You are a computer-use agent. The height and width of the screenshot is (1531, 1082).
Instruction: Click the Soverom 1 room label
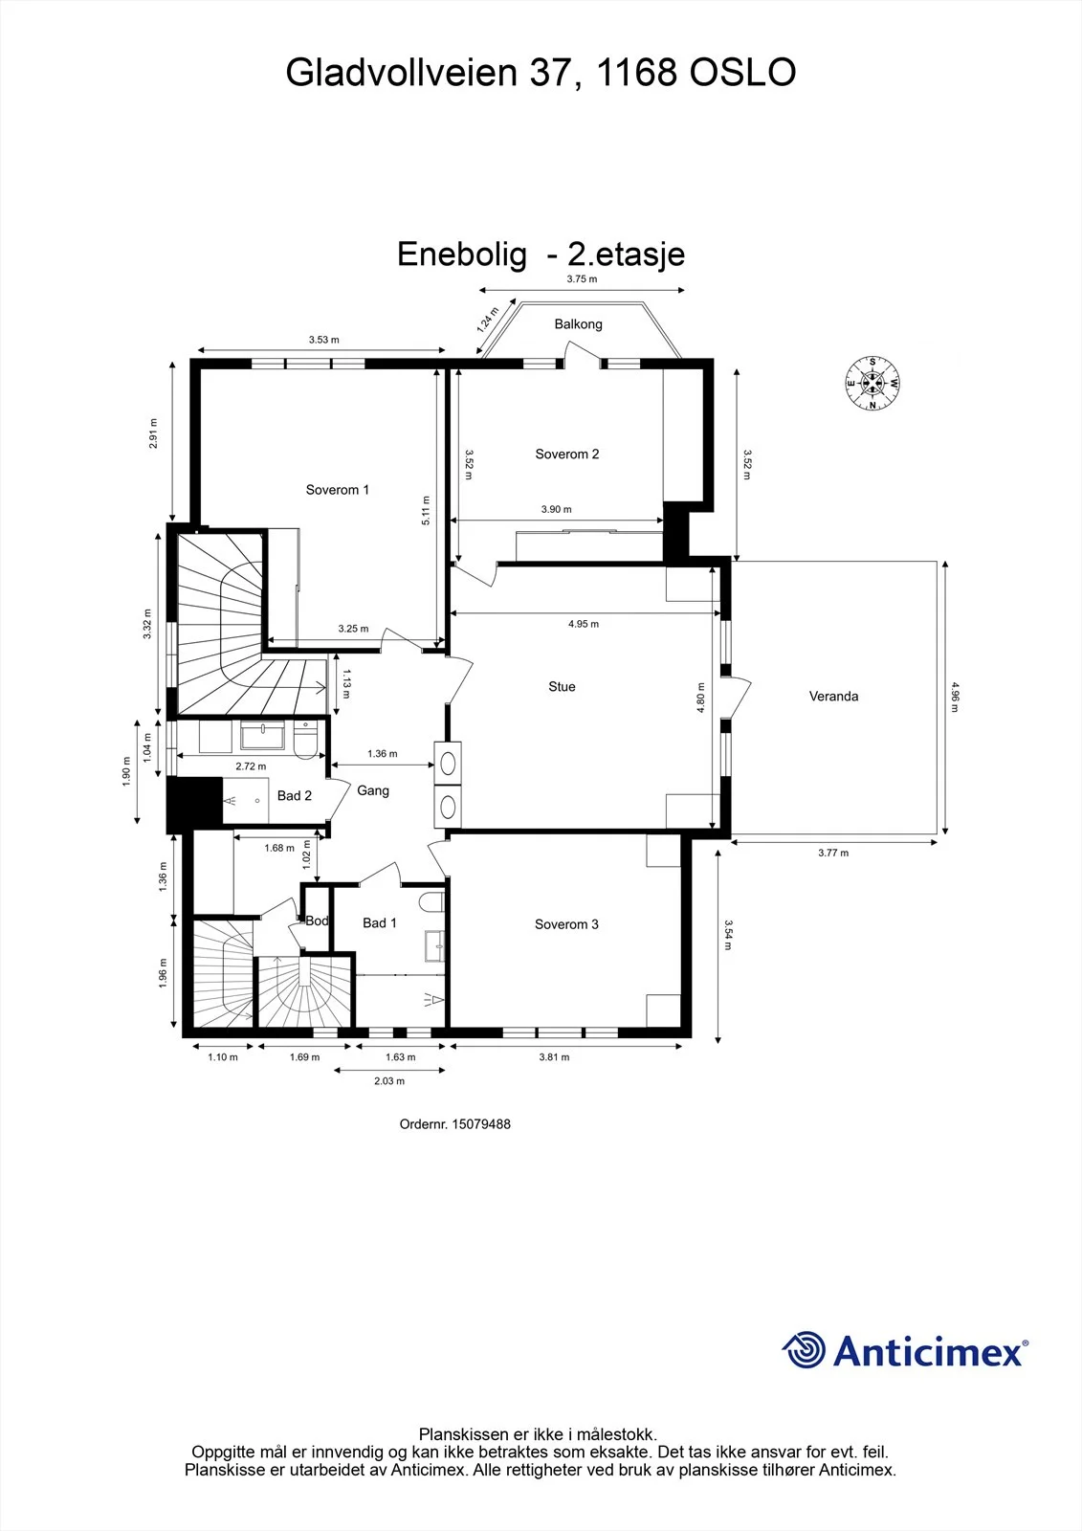point(337,489)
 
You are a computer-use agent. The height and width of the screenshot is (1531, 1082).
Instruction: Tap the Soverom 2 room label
point(566,454)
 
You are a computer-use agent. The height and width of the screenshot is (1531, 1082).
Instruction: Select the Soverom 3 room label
point(566,924)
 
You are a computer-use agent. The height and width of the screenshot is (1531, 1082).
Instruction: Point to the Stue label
point(562,686)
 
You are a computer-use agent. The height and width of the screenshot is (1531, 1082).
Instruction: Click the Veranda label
point(833,696)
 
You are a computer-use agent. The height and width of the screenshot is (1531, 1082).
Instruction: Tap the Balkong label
point(578,324)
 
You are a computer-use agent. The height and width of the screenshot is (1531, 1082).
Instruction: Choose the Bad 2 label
point(295,795)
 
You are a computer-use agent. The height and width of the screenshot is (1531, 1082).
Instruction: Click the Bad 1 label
point(380,922)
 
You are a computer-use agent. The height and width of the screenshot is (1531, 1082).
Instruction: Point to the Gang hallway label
point(373,790)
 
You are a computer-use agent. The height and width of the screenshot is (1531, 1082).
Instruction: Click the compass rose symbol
point(872,383)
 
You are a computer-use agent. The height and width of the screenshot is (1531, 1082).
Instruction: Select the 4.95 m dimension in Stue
point(583,623)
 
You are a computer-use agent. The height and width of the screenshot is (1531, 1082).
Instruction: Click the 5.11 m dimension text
point(426,510)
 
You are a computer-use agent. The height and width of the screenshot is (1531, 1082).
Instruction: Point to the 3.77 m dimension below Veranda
point(833,853)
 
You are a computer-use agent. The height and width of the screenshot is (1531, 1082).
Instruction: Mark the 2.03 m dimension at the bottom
point(389,1080)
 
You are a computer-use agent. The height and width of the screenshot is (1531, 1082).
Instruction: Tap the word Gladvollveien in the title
point(401,72)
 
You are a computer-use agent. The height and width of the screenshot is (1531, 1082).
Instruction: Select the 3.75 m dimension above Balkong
point(582,278)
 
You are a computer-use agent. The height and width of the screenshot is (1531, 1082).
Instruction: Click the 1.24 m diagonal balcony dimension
point(487,320)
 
